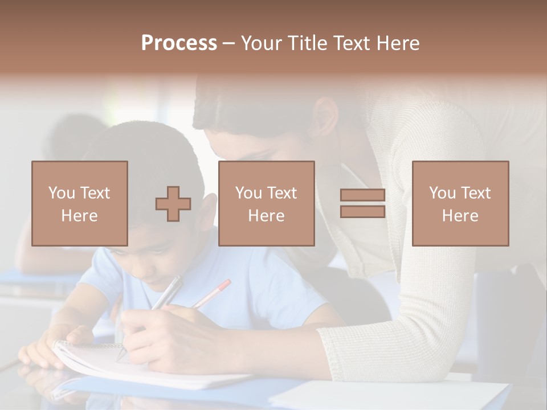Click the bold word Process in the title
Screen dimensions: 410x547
179,43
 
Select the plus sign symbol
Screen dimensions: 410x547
173,204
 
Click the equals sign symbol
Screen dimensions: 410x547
362,204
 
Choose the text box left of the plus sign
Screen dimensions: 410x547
80,204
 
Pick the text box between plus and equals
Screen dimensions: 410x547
266,204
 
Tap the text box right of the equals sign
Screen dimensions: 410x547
460,204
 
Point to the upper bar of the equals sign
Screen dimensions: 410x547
362,195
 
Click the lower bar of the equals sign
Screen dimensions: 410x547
362,212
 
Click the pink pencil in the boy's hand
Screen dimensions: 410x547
213,293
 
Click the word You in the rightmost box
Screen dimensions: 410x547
442,193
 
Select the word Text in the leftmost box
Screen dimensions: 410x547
95,193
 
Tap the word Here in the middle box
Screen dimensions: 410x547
266,216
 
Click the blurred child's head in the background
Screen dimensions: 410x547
74,137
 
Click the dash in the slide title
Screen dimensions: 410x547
229,43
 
